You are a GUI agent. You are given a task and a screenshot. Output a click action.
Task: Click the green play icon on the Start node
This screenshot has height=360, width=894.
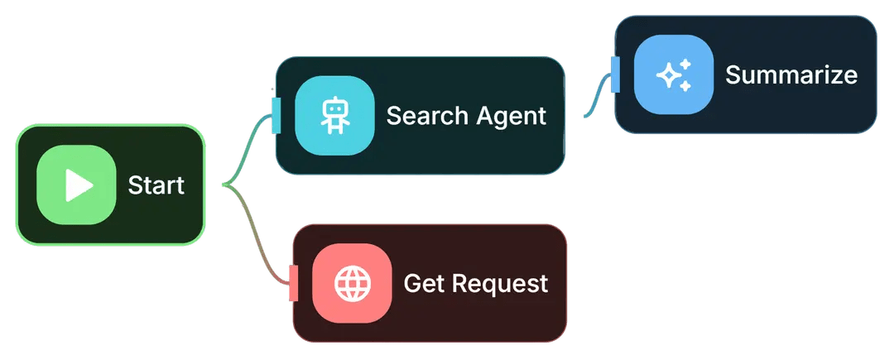(76, 185)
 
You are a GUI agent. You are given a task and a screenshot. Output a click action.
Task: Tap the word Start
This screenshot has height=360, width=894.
(156, 185)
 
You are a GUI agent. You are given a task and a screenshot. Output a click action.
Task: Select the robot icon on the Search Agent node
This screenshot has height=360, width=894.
(334, 116)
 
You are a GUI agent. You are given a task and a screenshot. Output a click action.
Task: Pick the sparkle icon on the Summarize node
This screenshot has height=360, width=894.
(674, 75)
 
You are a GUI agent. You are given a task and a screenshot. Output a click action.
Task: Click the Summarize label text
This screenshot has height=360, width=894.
(791, 75)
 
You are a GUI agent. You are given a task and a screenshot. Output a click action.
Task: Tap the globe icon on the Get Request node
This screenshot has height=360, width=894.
(352, 283)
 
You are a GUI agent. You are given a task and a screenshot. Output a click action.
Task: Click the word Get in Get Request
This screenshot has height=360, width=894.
(419, 284)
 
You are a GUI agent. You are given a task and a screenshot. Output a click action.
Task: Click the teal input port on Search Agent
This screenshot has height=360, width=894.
(276, 115)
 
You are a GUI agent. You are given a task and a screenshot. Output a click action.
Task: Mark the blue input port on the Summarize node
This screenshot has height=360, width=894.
(615, 74)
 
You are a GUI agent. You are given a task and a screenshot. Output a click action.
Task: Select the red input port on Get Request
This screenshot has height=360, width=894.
(293, 283)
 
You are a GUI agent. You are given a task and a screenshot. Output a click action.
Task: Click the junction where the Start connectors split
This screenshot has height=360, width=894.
(224, 185)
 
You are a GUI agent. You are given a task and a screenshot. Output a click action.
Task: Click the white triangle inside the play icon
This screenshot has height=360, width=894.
(79, 185)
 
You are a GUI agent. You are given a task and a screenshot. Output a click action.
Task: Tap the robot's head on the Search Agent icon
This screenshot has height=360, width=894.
(334, 107)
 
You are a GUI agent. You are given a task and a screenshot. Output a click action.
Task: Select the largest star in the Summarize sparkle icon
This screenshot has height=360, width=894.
(668, 76)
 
